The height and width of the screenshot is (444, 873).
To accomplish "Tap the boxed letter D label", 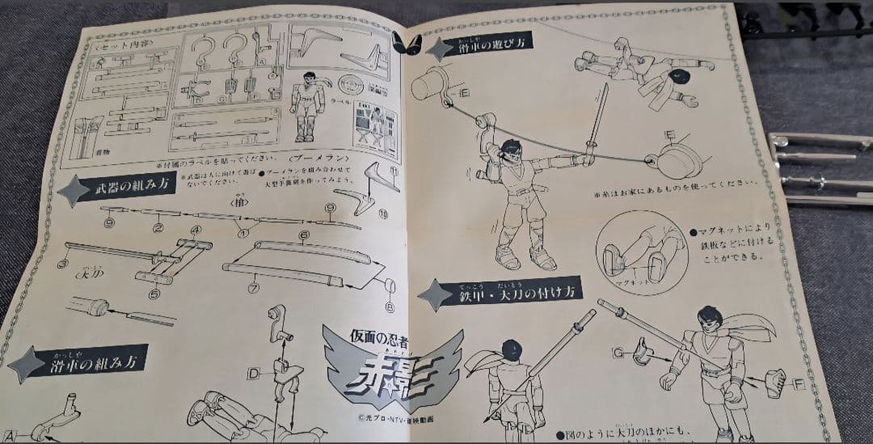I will click(x=254, y=373).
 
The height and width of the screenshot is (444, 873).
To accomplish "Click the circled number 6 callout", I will click(x=304, y=235).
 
